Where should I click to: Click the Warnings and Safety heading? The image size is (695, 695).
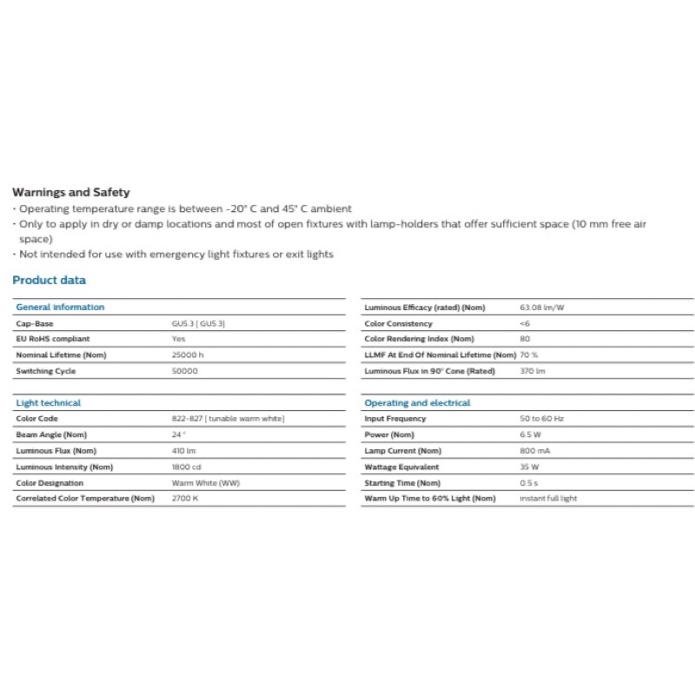71,193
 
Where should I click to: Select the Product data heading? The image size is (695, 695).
50,281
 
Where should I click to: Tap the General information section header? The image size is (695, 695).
60,308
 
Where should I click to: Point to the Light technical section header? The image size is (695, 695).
49,403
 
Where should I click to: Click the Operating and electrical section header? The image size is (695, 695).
417,403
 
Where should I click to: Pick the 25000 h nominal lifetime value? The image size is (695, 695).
188,355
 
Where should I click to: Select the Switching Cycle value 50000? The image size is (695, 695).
185,371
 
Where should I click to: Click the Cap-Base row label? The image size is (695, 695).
35,324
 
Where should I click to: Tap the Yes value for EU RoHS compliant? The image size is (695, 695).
178,339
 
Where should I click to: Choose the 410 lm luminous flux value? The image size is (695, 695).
183,451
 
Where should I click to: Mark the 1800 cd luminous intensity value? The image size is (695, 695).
186,467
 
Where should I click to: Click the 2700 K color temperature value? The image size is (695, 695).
185,499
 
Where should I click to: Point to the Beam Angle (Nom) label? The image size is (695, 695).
51,434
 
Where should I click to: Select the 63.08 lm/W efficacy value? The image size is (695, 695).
542,308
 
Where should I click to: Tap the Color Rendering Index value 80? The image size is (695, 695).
525,339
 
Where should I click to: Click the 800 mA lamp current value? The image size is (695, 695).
534,451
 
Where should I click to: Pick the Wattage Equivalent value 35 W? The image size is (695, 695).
529,467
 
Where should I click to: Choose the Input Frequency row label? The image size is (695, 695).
395,419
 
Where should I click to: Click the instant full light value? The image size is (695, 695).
548,499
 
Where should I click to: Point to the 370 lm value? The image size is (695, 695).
533,371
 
